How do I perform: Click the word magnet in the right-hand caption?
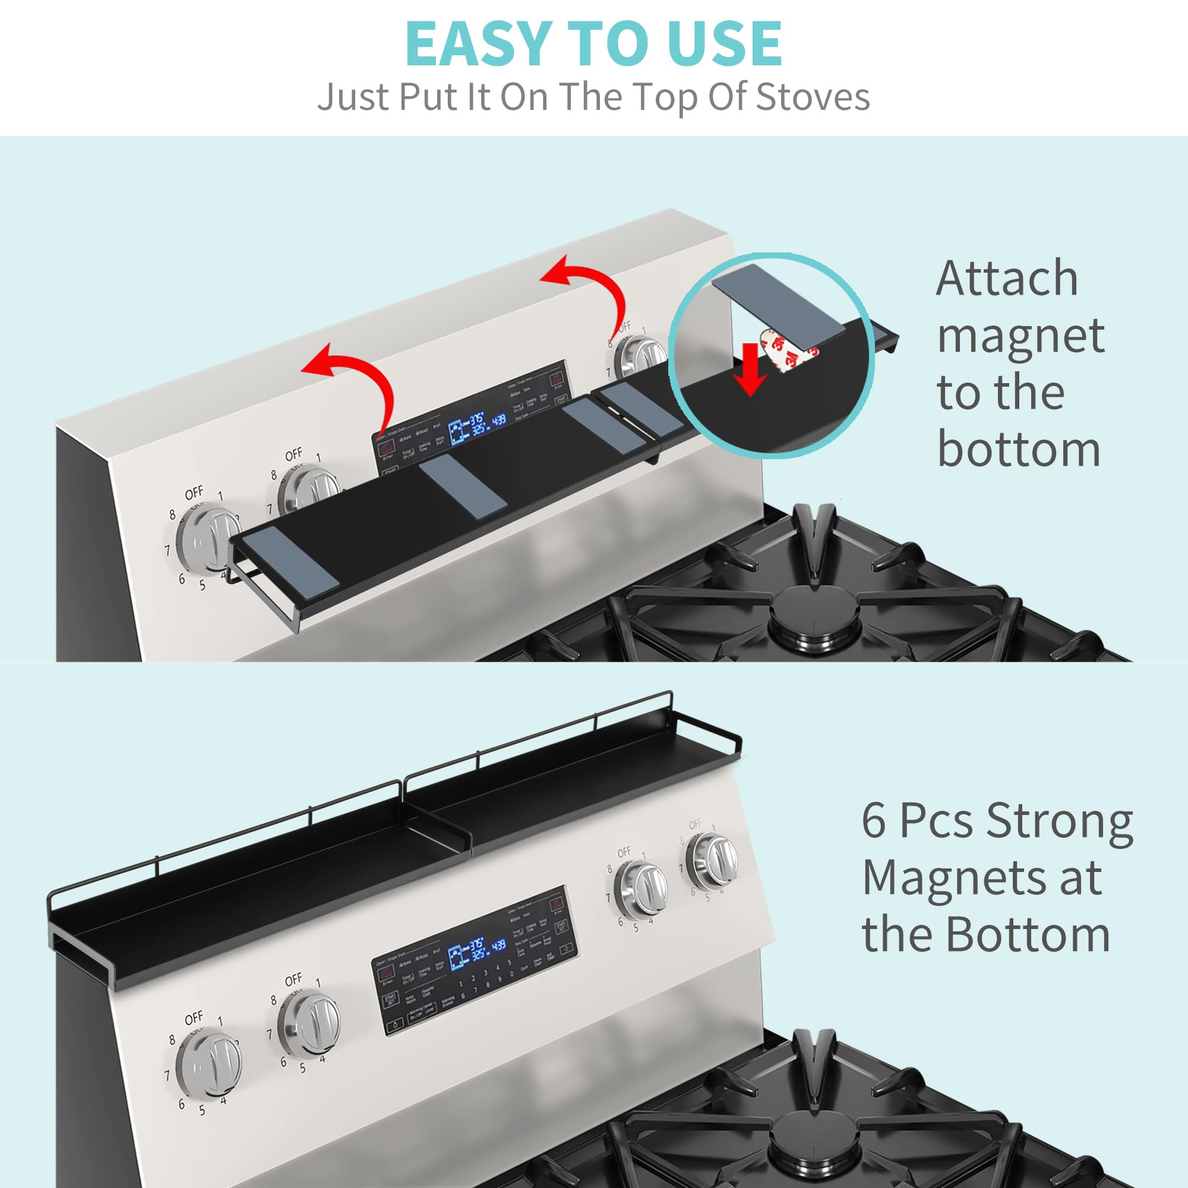coord(1020,336)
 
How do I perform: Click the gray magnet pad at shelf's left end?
coord(290,561)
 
